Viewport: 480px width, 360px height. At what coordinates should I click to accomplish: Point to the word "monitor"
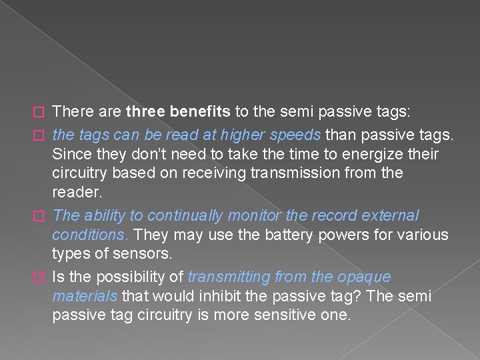tap(251, 216)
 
